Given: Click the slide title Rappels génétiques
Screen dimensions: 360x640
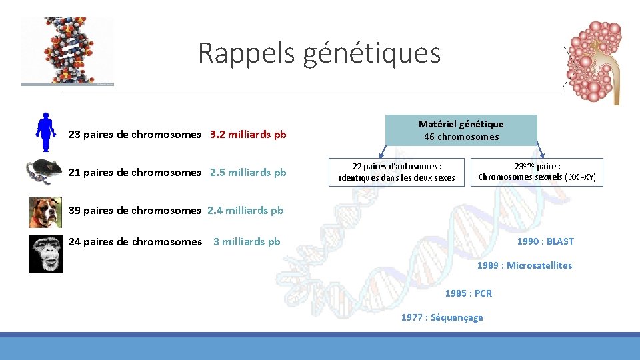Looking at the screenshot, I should coord(319,53).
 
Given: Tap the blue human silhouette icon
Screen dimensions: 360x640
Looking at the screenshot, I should coord(45,133).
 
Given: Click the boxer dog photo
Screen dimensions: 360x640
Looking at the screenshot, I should coord(45,212).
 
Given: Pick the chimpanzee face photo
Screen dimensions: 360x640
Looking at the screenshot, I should coord(45,253).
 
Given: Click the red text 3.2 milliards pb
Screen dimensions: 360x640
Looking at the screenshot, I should coord(248,135).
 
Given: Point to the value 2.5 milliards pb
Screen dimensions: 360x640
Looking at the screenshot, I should coord(248,173).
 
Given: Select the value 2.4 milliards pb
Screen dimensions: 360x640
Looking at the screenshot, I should coord(245,211).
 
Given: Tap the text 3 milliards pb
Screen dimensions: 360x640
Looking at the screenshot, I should coord(247,242).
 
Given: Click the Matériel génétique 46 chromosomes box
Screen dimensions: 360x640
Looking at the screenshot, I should coord(461,130).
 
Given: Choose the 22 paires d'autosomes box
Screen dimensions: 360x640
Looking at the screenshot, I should coord(397,171).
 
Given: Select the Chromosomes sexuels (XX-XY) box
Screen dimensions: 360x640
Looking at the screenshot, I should coord(537,172).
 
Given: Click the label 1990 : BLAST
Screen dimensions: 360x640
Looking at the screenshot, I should coord(545,241).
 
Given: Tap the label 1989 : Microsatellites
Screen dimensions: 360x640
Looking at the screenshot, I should coord(524,265).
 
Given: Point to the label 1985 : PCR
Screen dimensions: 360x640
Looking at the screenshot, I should coord(468,293).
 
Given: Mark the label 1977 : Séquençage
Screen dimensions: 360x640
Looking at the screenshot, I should coord(442,317).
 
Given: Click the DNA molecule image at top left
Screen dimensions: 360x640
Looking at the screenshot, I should coord(67,51).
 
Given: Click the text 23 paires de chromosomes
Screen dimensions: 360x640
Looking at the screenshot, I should coord(135,135).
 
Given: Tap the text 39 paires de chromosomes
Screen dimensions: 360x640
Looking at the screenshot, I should coord(135,211).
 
